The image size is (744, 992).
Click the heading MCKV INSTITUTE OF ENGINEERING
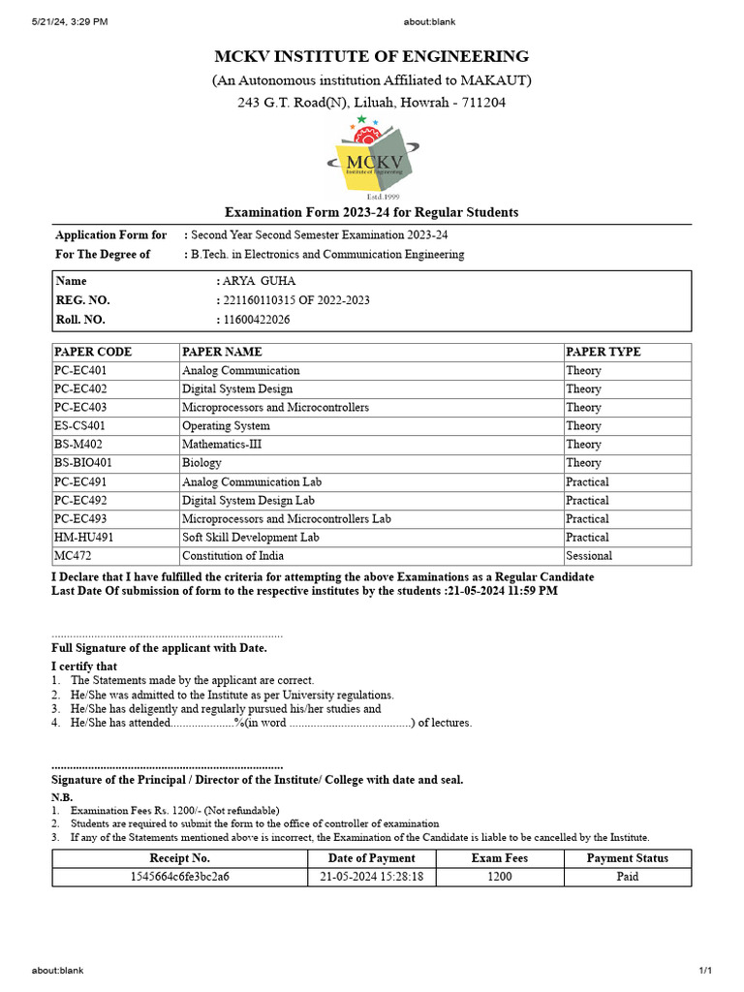pyautogui.click(x=372, y=56)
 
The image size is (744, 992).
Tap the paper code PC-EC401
pyautogui.click(x=81, y=370)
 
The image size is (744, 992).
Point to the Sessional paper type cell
pyautogui.click(x=589, y=556)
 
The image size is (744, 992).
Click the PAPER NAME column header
pyautogui.click(x=222, y=352)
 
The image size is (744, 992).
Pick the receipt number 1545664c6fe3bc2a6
pyautogui.click(x=180, y=877)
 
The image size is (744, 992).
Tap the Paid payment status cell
pyautogui.click(x=628, y=877)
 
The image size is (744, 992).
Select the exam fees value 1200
pyautogui.click(x=499, y=877)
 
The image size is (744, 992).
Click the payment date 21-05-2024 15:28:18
pyautogui.click(x=372, y=877)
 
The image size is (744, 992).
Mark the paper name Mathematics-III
pyautogui.click(x=222, y=444)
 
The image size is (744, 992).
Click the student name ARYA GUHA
pyautogui.click(x=255, y=281)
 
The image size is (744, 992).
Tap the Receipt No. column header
pyautogui.click(x=180, y=857)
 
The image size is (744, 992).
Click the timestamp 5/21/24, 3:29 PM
pyautogui.click(x=70, y=20)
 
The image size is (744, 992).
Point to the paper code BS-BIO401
pyautogui.click(x=83, y=463)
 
